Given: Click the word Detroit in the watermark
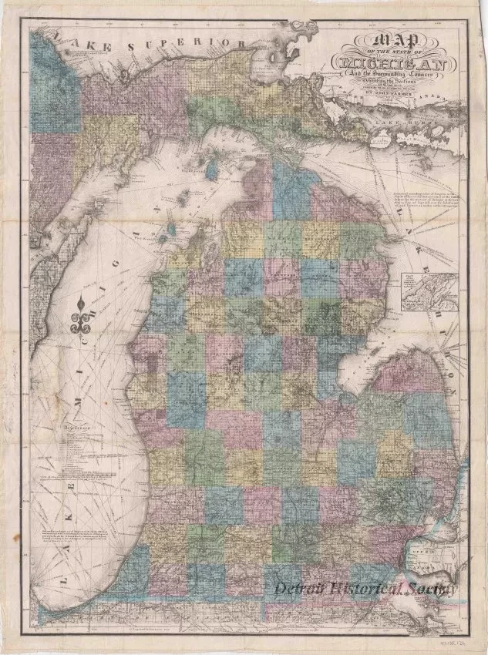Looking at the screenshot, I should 308,590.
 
